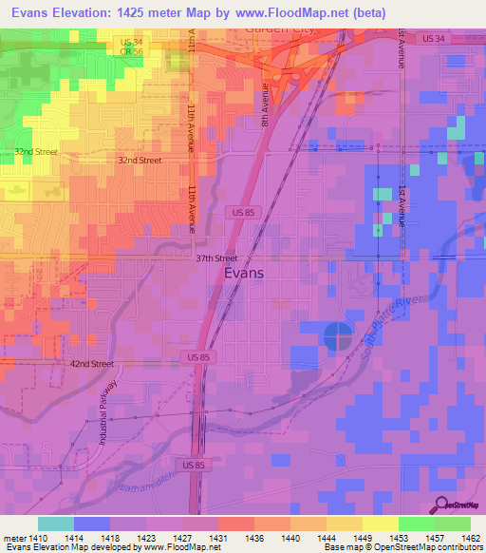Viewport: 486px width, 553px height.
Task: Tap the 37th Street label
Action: [x=215, y=257]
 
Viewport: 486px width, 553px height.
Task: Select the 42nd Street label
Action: [x=91, y=364]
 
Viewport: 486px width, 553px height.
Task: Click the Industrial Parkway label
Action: [x=107, y=408]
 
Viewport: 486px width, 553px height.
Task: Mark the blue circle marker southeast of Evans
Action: [x=338, y=334]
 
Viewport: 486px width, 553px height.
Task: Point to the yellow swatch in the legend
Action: [x=380, y=524]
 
